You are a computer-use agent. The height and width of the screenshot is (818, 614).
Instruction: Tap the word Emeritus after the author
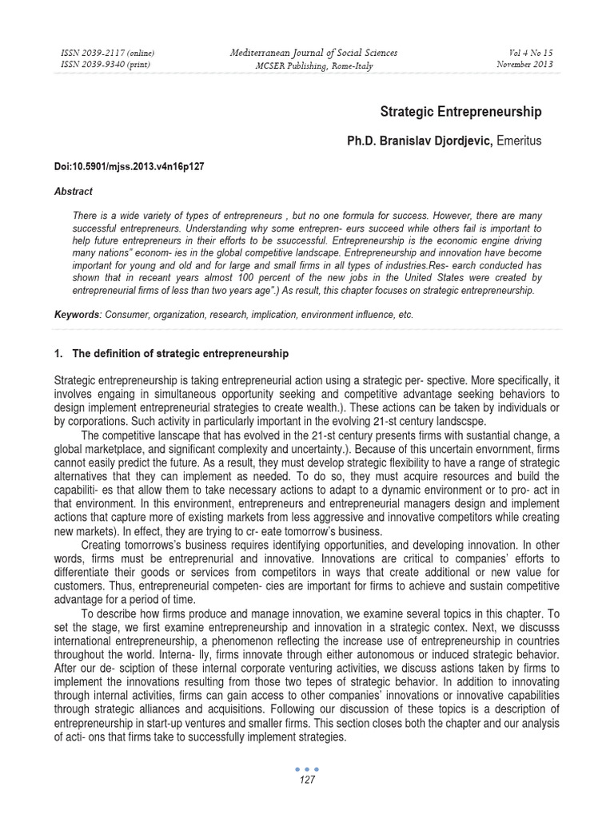pos(519,141)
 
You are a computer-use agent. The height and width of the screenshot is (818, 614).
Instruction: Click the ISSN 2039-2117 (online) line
pos(107,54)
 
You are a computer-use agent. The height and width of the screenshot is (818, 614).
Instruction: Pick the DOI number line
pos(129,167)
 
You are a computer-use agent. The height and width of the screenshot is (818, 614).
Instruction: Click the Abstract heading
pos(73,192)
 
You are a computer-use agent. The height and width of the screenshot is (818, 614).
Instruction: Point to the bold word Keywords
pos(74,315)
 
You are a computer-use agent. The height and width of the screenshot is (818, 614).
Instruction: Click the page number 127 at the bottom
pos(307,780)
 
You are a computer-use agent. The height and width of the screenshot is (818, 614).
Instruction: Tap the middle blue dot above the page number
pos(307,769)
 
